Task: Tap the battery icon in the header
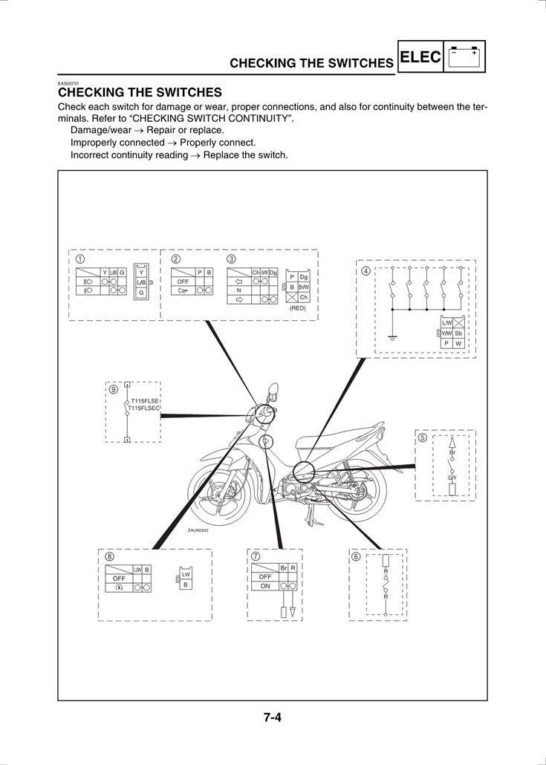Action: tap(464, 56)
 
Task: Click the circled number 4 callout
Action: tap(365, 270)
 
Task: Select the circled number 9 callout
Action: tap(113, 388)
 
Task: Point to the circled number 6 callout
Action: tap(356, 557)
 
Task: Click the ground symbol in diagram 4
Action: tap(391, 338)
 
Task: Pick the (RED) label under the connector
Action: tap(298, 307)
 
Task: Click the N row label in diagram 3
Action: tap(238, 290)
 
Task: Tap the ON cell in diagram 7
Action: tap(264, 586)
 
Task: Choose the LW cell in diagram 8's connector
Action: tap(186, 575)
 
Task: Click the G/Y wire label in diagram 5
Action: tap(452, 477)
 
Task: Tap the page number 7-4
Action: tap(273, 718)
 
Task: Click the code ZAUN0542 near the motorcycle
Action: tap(198, 530)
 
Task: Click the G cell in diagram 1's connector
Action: tap(141, 293)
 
